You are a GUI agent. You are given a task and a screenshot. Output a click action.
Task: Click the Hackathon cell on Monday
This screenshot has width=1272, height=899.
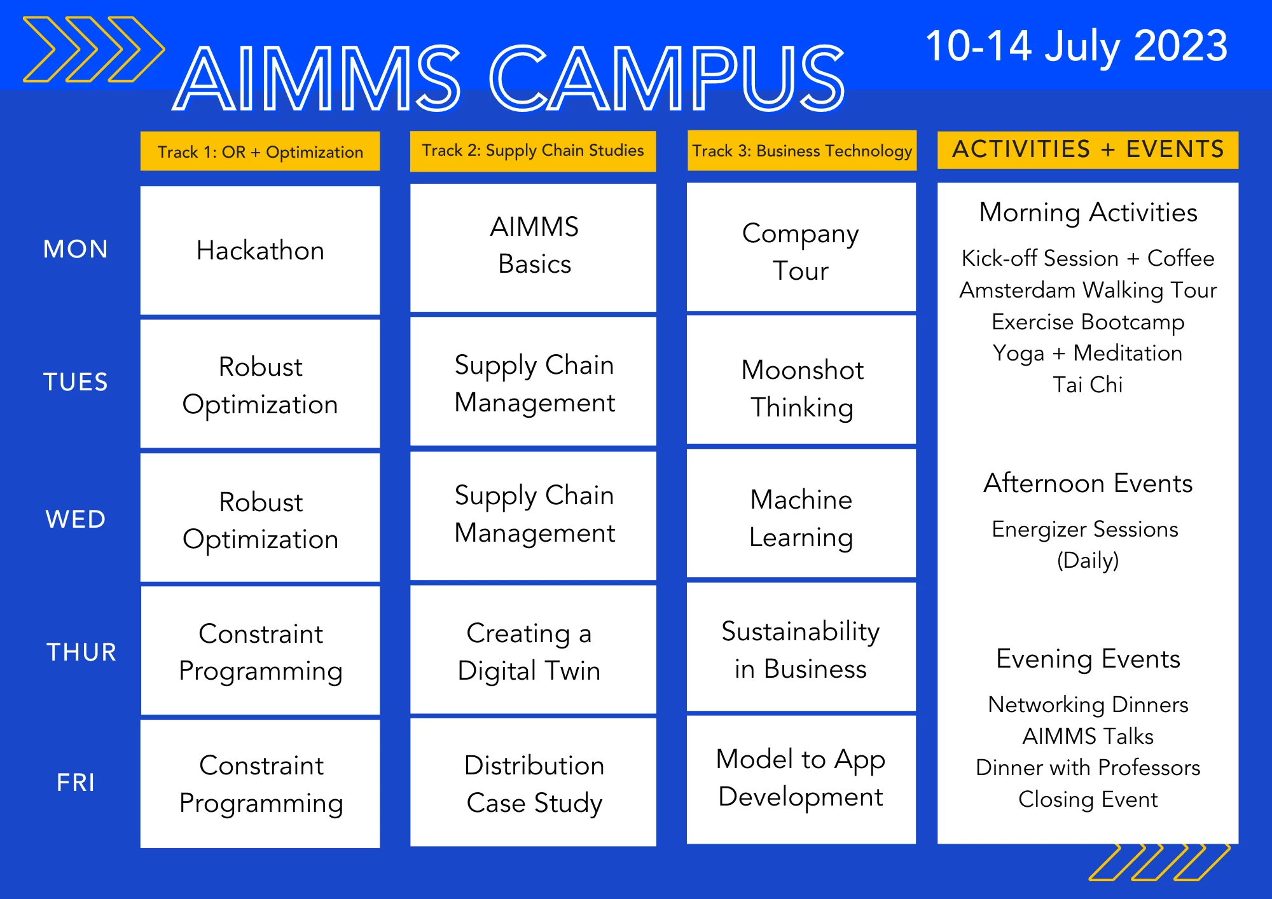coord(260,250)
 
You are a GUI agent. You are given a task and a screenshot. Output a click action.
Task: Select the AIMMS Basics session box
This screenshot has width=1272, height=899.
coord(533,248)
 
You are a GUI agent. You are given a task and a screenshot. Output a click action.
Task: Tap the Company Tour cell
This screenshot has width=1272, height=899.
coord(801,247)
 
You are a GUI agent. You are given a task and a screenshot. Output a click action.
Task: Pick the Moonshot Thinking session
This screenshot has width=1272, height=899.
coord(801,380)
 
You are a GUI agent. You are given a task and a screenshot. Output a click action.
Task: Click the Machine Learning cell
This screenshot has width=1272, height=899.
coord(801,514)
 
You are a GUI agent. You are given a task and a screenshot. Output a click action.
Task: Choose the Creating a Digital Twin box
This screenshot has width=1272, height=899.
coord(533,650)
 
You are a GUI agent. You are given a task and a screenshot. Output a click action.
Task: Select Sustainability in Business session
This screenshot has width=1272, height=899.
coord(801,647)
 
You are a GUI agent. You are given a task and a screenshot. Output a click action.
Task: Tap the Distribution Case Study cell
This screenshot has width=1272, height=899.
coord(533,782)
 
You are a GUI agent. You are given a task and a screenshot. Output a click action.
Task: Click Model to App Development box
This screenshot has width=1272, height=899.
coord(801,779)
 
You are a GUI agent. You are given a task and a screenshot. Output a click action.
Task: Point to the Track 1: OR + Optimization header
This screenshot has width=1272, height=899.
coord(260,151)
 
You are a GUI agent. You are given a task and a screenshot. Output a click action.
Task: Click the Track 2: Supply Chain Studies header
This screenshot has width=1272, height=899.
coord(533,151)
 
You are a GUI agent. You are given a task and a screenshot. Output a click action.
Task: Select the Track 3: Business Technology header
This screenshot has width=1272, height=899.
coord(802,151)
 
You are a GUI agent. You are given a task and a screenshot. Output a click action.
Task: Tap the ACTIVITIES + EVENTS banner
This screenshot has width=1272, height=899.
coord(1088,149)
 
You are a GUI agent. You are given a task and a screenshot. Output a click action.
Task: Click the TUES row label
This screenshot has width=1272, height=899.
coord(76,382)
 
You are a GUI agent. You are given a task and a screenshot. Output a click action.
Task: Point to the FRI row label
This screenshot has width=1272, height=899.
coord(76,782)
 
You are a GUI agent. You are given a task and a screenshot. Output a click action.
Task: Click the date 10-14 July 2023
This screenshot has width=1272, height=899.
coord(1076,46)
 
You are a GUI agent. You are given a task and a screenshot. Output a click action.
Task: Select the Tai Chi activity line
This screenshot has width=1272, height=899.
coord(1088,385)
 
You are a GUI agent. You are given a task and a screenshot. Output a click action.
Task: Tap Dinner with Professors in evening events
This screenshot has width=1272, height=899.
coord(1088,767)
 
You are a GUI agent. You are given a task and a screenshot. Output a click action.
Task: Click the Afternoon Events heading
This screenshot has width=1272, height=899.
coord(1088,483)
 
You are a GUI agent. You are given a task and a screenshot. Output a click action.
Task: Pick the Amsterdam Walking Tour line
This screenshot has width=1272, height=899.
coord(1088,290)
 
